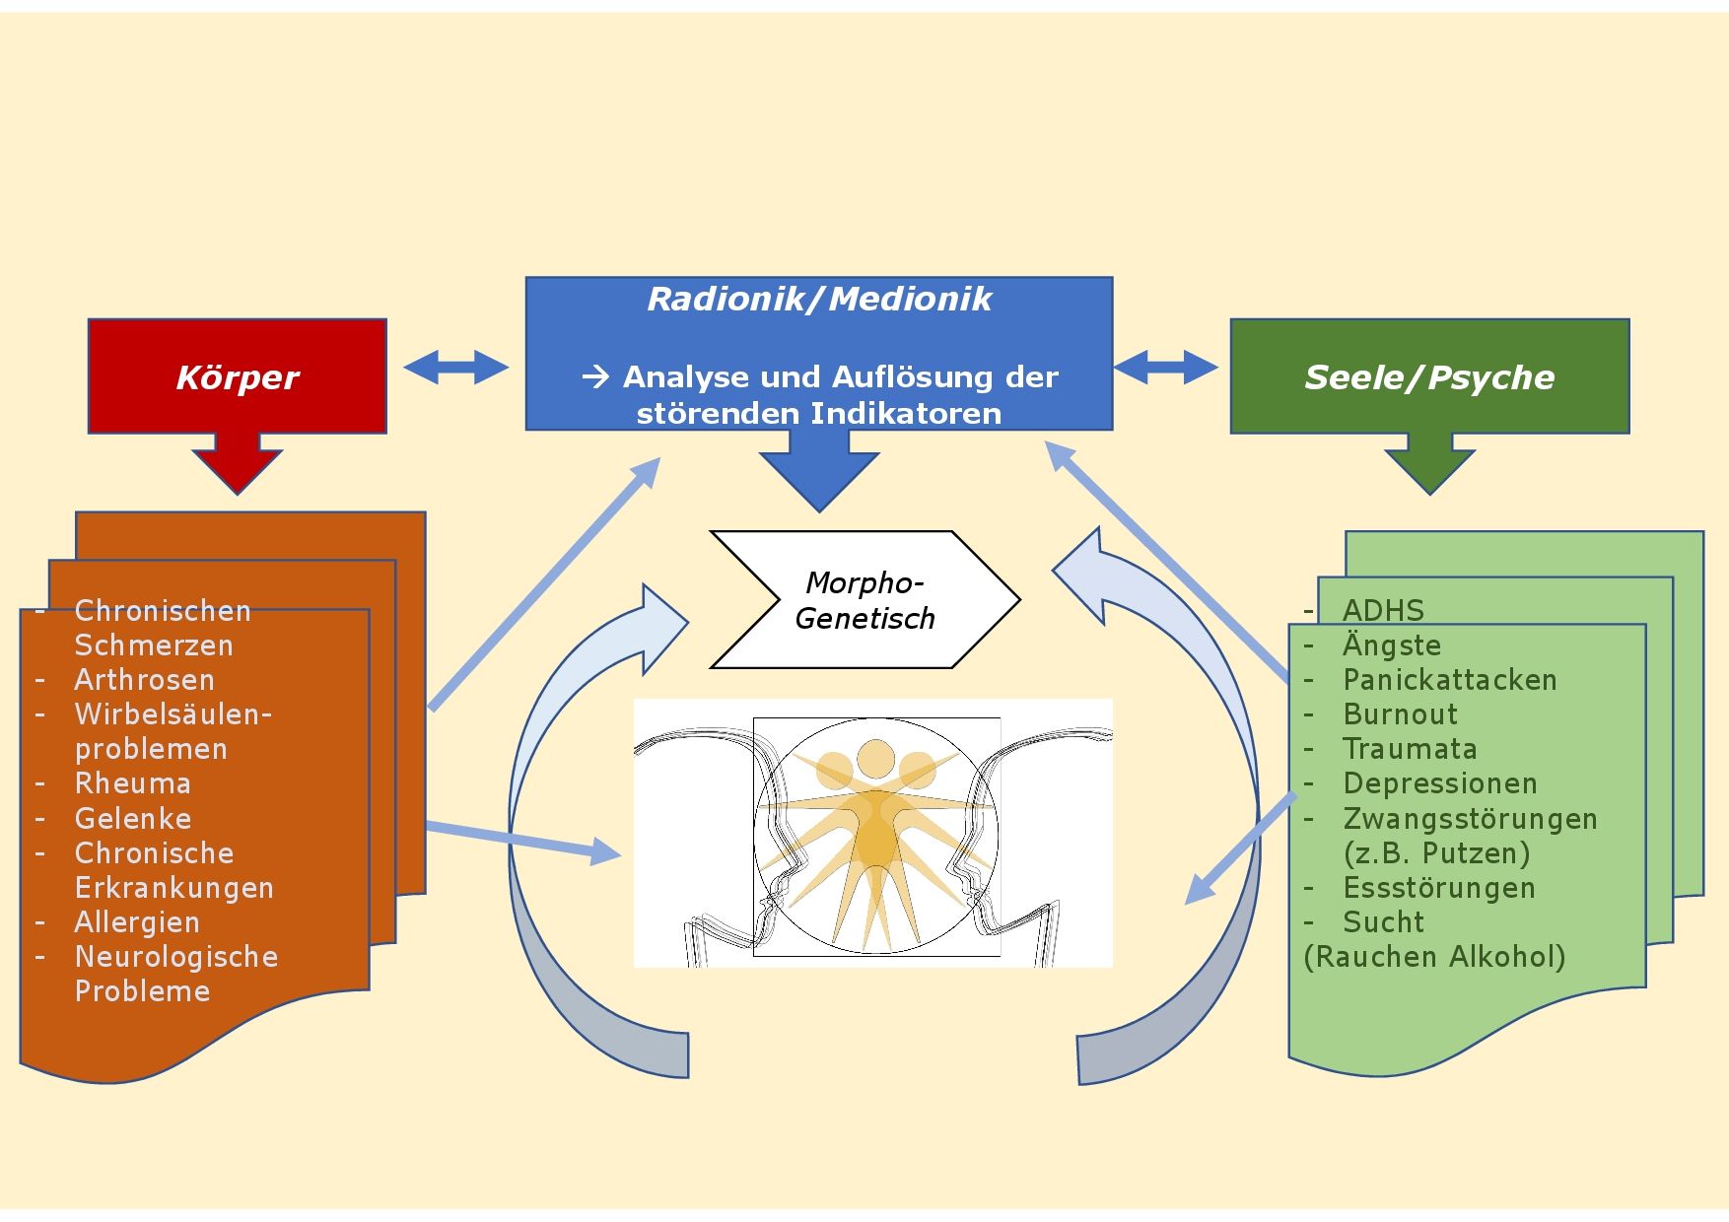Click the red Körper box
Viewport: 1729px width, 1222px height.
point(237,376)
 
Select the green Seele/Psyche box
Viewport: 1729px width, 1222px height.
point(1428,376)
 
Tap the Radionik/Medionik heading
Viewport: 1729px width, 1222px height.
point(818,299)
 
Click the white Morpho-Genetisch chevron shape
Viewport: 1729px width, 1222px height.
point(864,600)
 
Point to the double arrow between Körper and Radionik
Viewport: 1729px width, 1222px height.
point(455,368)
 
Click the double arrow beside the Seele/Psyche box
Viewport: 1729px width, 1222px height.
point(1165,368)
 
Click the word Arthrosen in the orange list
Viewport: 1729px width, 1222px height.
point(144,680)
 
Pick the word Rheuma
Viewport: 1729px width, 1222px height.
point(133,783)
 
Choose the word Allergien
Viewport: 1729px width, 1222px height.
point(137,922)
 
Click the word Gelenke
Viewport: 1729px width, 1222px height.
point(133,819)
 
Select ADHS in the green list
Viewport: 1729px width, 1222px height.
point(1383,610)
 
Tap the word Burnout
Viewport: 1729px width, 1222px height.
point(1400,714)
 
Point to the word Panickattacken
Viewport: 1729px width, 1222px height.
point(1449,680)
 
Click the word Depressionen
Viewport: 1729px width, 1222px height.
point(1439,783)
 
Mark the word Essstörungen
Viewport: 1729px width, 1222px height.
point(1438,888)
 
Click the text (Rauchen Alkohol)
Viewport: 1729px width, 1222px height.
point(1434,957)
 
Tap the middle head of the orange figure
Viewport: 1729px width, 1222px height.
point(874,758)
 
